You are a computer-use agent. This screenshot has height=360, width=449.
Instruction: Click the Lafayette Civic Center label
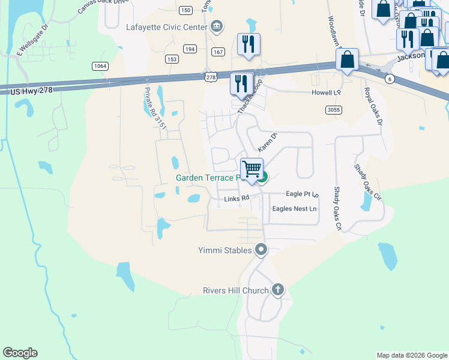point(166,27)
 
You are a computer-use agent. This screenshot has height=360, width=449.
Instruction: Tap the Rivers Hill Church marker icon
point(277,290)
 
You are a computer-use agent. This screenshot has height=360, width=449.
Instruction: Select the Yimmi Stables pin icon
point(261,250)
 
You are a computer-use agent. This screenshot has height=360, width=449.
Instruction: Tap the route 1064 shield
point(100,65)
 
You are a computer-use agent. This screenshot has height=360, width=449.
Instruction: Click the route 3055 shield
point(334,110)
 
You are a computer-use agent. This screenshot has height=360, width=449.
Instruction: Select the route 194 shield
point(190,49)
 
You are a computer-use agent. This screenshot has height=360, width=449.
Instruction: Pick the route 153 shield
point(172,59)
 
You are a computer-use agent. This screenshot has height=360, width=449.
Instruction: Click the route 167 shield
point(218,52)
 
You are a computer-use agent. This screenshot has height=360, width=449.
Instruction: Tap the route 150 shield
point(185,10)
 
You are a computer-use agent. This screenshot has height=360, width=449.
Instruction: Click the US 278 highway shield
point(210,77)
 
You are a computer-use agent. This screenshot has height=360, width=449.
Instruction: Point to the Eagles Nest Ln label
point(294,209)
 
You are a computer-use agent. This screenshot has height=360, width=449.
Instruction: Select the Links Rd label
point(236,199)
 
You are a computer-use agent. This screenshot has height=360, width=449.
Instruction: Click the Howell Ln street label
point(326,93)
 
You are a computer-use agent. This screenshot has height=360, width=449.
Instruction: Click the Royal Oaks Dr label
point(372,106)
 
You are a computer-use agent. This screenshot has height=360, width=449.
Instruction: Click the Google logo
point(20,353)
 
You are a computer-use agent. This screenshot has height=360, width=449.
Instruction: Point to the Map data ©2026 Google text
point(411,355)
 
